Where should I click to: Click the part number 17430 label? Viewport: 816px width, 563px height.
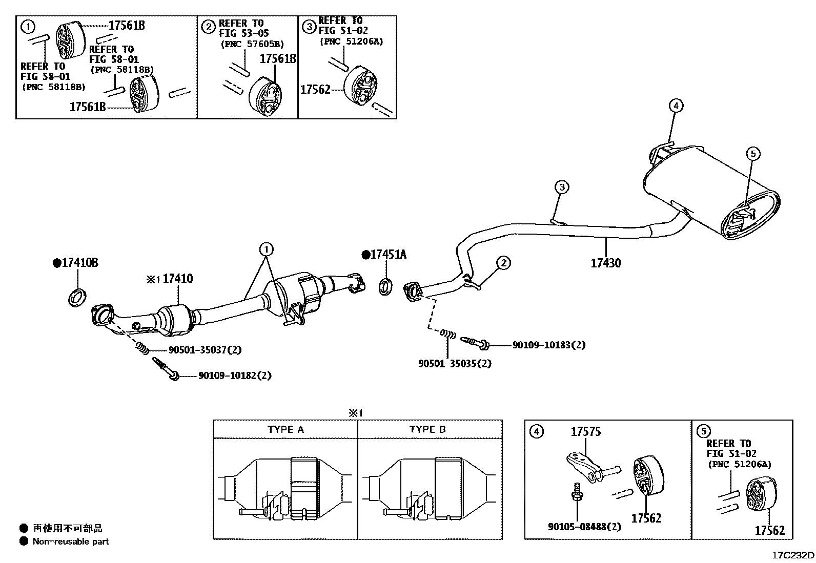coord(605,263)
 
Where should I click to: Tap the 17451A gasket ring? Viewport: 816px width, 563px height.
coord(386,286)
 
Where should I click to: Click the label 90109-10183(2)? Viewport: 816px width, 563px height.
coord(548,345)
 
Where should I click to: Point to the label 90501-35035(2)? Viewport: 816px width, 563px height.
coord(455,364)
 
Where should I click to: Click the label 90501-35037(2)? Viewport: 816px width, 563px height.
coord(205,350)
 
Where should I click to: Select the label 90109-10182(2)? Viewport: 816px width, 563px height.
coord(235,376)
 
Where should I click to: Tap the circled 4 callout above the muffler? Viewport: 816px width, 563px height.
coord(676,106)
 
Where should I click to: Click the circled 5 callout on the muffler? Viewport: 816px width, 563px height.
coord(752,153)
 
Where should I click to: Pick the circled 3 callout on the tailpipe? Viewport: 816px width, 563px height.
coord(562,187)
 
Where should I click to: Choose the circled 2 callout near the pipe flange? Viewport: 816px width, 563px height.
coord(503,263)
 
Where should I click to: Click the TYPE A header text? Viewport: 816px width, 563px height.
coord(285,430)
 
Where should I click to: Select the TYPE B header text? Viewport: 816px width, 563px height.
coord(427,430)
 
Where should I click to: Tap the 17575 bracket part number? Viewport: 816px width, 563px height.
coord(586,432)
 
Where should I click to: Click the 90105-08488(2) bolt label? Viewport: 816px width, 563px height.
coord(584,527)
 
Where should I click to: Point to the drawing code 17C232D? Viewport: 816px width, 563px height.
coord(793,555)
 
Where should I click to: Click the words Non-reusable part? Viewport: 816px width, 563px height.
coord(71,541)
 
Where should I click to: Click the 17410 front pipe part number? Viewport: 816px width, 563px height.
coord(177,279)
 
